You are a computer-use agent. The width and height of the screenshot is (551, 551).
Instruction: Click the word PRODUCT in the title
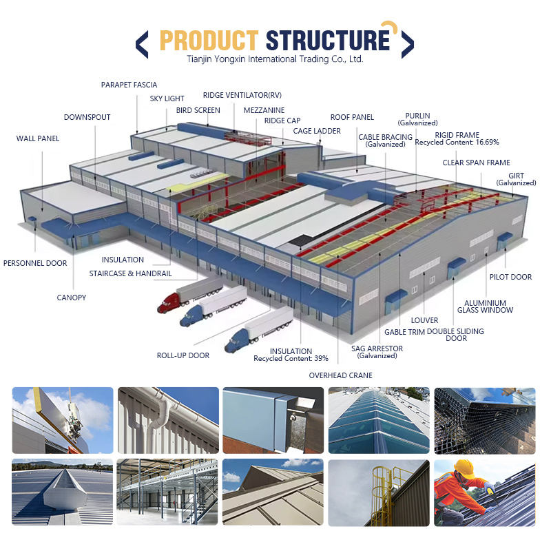(x=208, y=41)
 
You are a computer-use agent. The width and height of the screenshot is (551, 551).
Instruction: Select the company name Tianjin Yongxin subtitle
(x=275, y=59)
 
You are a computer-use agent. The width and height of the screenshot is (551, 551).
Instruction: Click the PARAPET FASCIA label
(x=129, y=85)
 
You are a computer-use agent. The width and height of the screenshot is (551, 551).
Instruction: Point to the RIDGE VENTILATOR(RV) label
(x=242, y=95)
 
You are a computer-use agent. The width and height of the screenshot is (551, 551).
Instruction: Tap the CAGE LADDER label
(x=316, y=130)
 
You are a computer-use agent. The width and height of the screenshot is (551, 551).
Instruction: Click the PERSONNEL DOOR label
(x=35, y=263)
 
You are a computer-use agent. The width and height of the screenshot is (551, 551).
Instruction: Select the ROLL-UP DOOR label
(x=183, y=355)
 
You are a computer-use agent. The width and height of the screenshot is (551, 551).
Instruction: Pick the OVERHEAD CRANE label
(x=340, y=375)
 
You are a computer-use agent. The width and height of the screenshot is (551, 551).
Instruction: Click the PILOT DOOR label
(x=510, y=277)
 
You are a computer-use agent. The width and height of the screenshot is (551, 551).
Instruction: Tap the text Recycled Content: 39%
(x=291, y=359)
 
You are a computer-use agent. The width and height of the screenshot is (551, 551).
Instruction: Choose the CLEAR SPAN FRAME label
(x=476, y=163)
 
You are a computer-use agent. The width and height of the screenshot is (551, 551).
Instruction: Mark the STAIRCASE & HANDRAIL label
(x=130, y=273)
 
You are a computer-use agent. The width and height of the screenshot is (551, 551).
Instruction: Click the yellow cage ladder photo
(x=380, y=492)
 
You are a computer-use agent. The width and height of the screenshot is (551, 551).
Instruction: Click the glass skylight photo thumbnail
(x=380, y=419)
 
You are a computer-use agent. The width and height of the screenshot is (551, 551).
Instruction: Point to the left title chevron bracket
(x=142, y=43)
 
